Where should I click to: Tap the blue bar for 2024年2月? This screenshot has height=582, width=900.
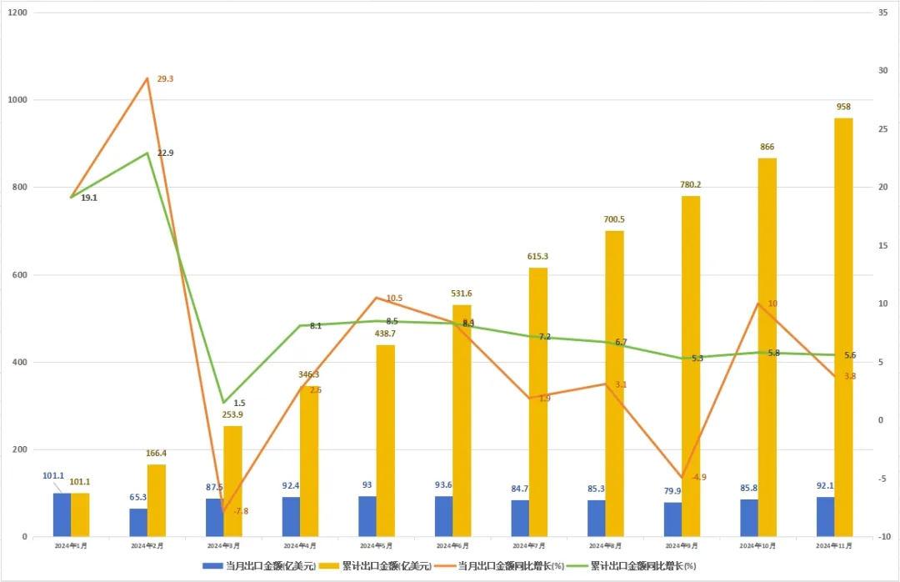pyautogui.click(x=138, y=523)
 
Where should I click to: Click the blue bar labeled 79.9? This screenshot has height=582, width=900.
pyautogui.click(x=672, y=519)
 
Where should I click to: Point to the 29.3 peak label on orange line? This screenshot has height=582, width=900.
pyautogui.click(x=165, y=78)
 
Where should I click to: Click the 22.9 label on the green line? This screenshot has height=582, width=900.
pyautogui.click(x=165, y=153)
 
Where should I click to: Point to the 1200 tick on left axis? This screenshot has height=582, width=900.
pyautogui.click(x=17, y=13)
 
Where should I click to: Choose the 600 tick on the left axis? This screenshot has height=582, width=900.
pyautogui.click(x=19, y=275)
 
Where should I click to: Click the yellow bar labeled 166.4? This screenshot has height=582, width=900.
pyautogui.click(x=156, y=500)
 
